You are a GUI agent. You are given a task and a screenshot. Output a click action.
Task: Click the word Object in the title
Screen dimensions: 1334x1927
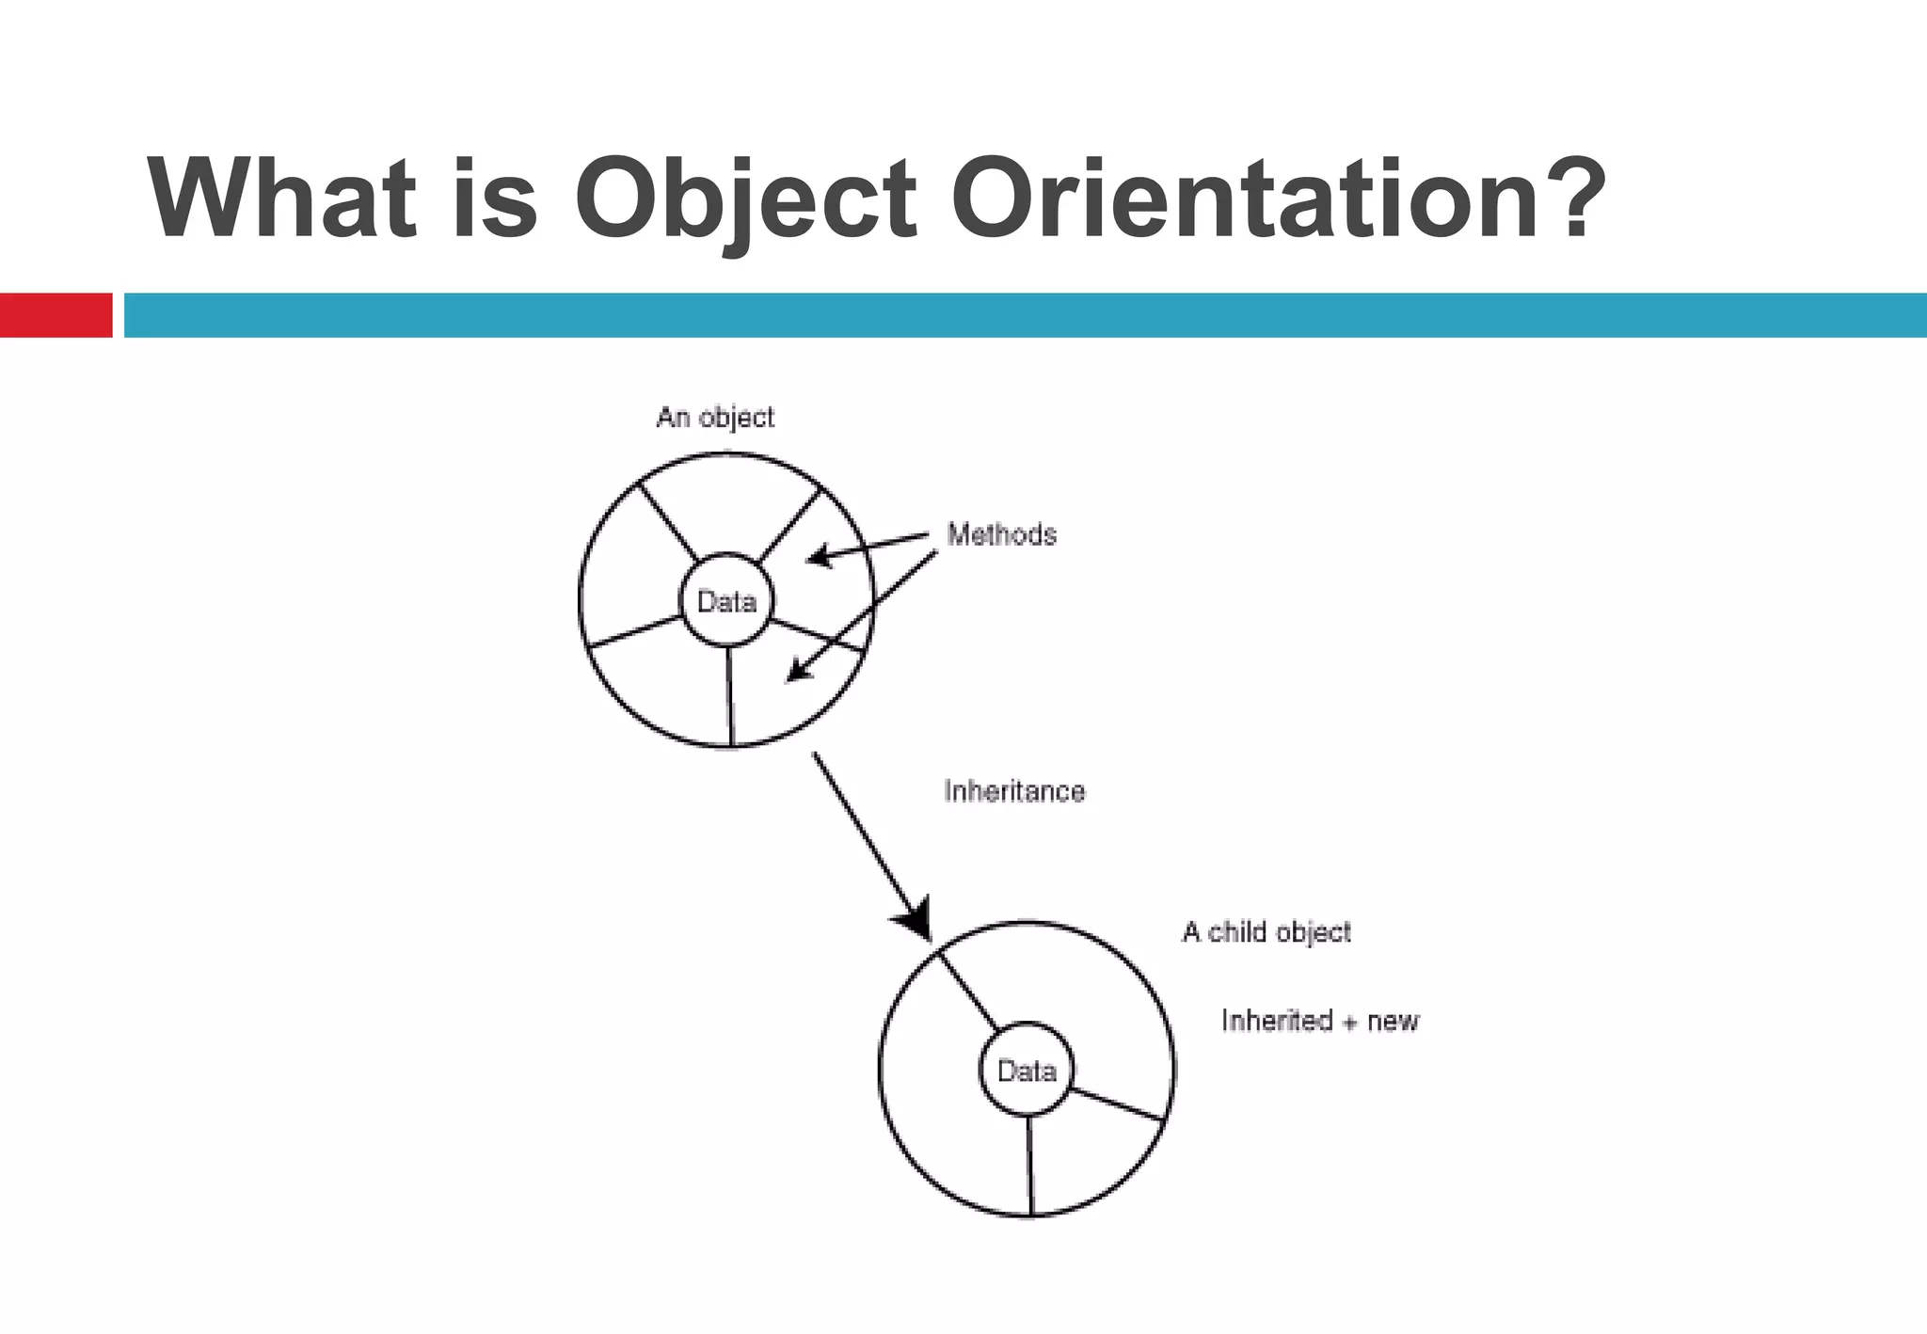click(744, 199)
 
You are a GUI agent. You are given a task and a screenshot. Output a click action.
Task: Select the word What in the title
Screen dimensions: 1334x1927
click(281, 199)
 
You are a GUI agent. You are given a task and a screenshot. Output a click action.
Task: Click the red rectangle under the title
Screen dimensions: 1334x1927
click(56, 315)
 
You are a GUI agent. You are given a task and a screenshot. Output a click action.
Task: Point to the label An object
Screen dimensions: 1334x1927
click(715, 417)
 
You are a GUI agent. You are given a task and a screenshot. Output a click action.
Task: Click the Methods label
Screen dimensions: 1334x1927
click(1001, 534)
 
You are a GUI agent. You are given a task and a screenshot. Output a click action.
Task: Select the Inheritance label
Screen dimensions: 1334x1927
click(1014, 791)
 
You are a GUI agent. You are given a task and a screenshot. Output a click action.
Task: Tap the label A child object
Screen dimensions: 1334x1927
click(1266, 932)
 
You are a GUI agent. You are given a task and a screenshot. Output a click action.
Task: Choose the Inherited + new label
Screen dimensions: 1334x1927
click(1319, 1021)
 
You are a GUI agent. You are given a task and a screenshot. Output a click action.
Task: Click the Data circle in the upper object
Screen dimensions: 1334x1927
click(726, 600)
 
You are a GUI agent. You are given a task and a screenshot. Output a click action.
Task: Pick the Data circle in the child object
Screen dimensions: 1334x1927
click(1027, 1070)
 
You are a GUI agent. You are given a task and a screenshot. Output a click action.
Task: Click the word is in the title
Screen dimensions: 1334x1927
click(495, 199)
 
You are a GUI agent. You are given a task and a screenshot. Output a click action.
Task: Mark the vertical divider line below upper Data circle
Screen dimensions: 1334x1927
click(729, 696)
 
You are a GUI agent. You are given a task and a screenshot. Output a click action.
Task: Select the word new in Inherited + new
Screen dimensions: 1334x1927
click(1393, 1022)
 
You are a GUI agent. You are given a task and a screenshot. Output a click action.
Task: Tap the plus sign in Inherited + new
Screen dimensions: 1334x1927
click(1350, 1024)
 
